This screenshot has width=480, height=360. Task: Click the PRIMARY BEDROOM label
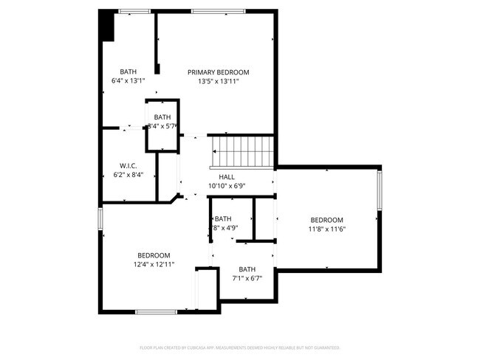218,72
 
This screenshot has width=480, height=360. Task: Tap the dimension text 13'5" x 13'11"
218,82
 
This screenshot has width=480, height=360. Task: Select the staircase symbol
243,153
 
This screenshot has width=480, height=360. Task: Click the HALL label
227,177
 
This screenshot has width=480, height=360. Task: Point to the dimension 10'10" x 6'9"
227,186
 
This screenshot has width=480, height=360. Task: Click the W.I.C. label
128,165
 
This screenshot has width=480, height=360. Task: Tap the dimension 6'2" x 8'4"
128,175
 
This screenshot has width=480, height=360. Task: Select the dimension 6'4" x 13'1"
128,80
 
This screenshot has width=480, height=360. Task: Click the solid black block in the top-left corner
107,27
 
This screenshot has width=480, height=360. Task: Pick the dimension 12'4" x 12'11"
154,264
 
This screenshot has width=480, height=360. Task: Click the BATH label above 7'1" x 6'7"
247,269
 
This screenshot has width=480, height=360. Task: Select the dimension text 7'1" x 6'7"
247,279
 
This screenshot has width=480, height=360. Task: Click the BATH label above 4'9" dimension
223,218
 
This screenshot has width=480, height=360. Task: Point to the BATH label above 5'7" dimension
162,117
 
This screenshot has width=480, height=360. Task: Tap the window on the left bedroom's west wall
100,219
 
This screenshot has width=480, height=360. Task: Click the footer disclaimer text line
239,347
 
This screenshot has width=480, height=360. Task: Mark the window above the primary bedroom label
213,11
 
